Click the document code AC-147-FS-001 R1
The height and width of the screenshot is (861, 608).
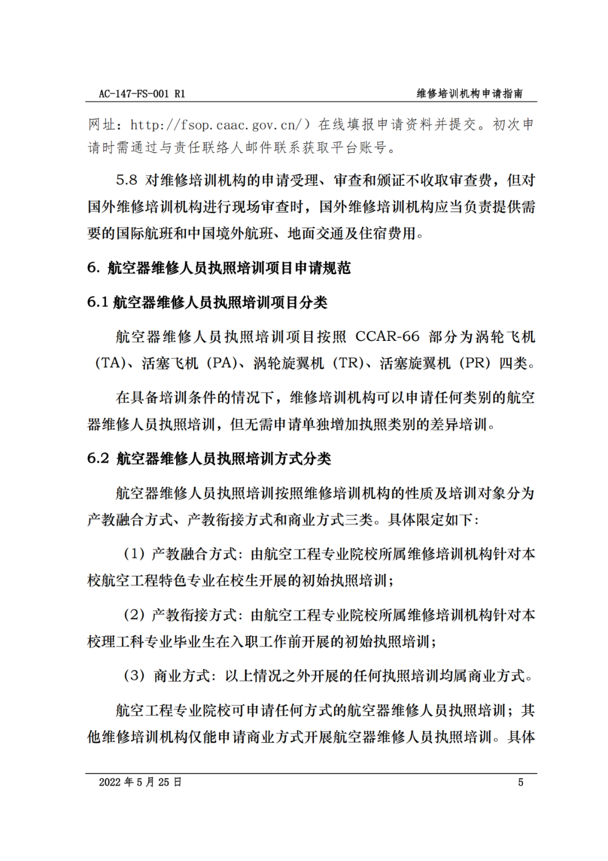click(x=142, y=94)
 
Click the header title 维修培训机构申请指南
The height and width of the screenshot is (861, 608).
click(x=470, y=94)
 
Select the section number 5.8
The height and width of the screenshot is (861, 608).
click(x=127, y=180)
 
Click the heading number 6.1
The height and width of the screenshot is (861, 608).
click(x=97, y=303)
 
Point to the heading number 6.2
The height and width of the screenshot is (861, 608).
click(x=98, y=459)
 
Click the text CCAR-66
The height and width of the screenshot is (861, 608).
click(x=387, y=337)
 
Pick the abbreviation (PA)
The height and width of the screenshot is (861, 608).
click(x=222, y=363)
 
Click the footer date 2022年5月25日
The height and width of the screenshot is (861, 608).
click(x=140, y=782)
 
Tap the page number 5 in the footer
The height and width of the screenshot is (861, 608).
click(x=521, y=782)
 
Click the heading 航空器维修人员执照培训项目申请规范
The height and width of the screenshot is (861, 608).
click(x=229, y=268)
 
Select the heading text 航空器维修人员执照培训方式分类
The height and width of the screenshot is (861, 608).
click(x=224, y=459)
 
